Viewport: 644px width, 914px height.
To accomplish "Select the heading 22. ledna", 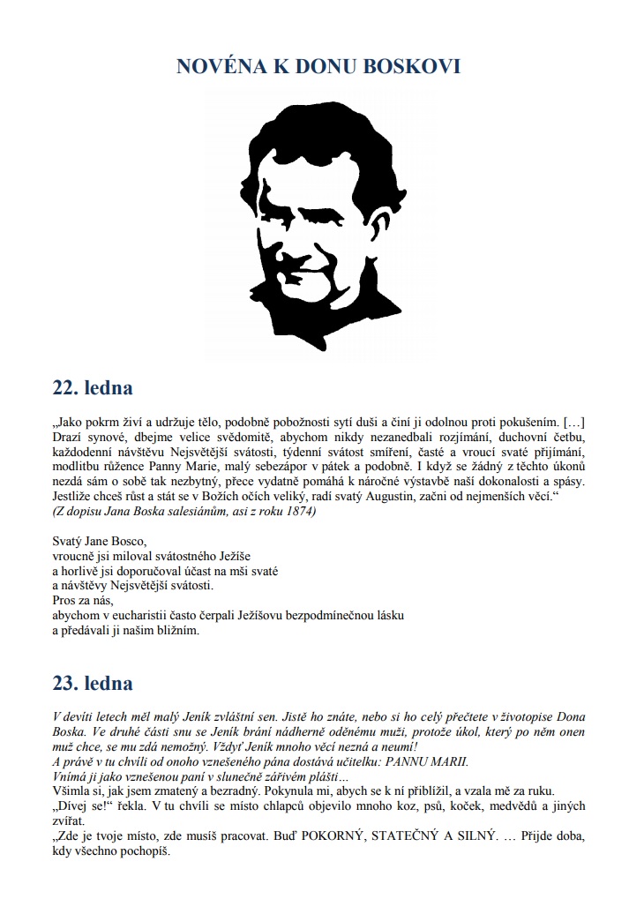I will point(93,387).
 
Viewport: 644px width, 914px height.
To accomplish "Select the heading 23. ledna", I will point(93,683).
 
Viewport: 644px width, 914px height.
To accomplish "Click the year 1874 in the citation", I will point(296,513).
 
